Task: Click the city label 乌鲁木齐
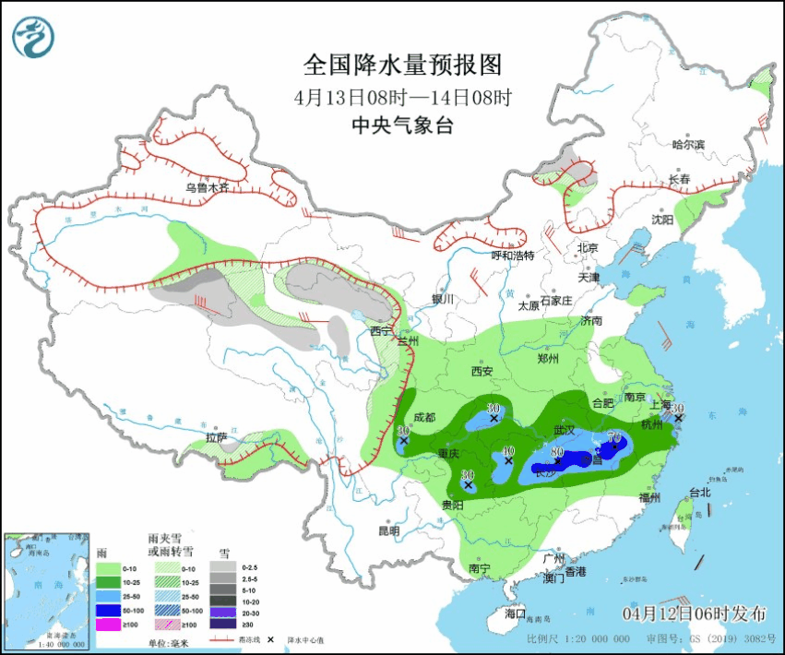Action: point(206,187)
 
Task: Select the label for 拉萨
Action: point(217,437)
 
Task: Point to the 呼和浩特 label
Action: point(512,255)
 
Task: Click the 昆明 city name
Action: point(388,531)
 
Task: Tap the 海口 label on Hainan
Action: point(515,613)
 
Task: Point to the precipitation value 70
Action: point(613,437)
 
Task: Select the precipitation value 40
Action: point(507,451)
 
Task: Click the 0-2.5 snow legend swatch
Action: point(223,566)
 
